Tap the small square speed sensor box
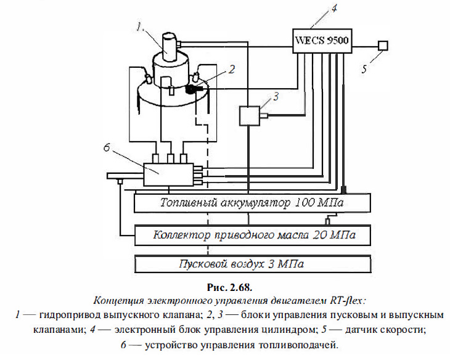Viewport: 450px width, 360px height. tap(383, 45)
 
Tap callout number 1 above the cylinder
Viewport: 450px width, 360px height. tap(141, 27)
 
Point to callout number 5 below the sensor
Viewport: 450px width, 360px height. tap(364, 69)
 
